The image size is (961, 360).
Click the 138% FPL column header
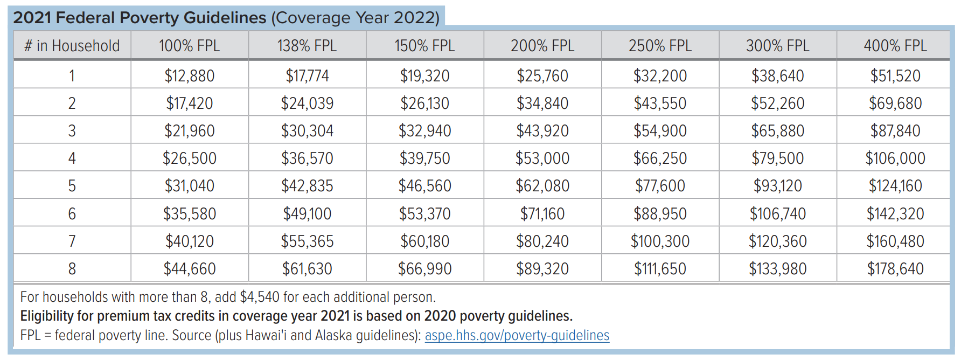pyautogui.click(x=307, y=46)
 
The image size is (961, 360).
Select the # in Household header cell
pyautogui.click(x=72, y=46)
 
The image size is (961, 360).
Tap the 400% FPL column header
pyautogui.click(x=895, y=46)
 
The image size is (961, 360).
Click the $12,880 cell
pyautogui.click(x=189, y=76)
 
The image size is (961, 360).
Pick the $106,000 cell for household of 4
pyautogui.click(x=895, y=158)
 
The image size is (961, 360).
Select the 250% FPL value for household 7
pyautogui.click(x=660, y=241)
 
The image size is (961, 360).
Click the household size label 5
pyautogui.click(x=72, y=186)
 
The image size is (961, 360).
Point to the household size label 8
pyautogui.click(x=72, y=269)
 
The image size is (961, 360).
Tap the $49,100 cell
pyautogui.click(x=307, y=214)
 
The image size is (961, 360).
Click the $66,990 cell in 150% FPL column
pyautogui.click(x=424, y=269)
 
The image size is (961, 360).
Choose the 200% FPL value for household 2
pyautogui.click(x=542, y=103)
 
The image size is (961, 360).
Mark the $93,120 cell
pyautogui.click(x=777, y=186)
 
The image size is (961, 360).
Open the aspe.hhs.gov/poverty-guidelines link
pyautogui.click(x=517, y=336)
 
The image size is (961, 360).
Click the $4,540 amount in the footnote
pyautogui.click(x=260, y=297)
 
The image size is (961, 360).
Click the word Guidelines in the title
pyautogui.click(x=225, y=18)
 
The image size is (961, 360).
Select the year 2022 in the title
pyautogui.click(x=415, y=18)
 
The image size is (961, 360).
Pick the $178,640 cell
pyautogui.click(x=895, y=269)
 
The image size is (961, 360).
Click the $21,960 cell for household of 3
pyautogui.click(x=189, y=131)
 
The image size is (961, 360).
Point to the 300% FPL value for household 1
pyautogui.click(x=777, y=76)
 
